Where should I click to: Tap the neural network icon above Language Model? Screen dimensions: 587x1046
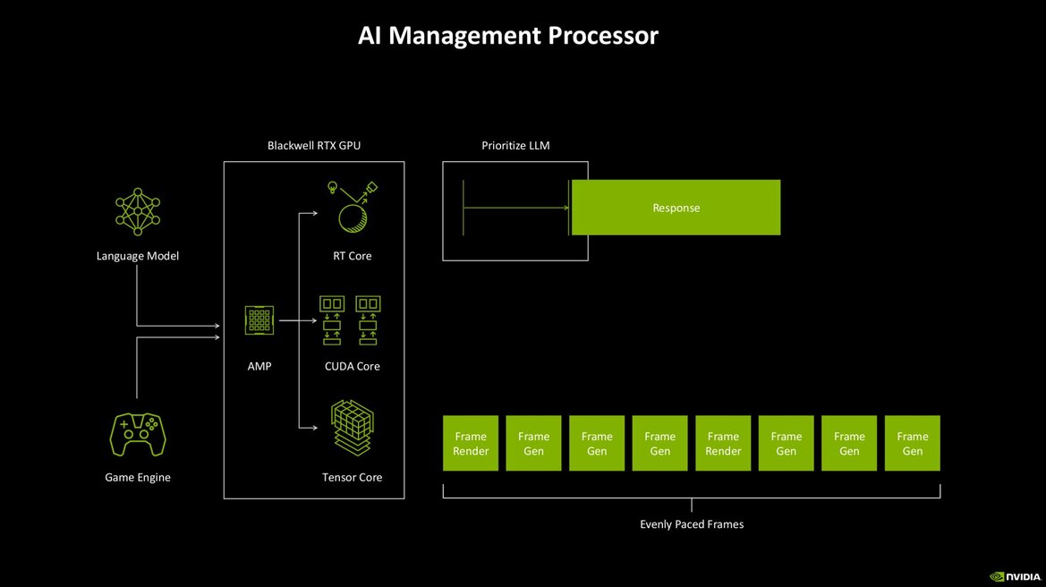pyautogui.click(x=138, y=213)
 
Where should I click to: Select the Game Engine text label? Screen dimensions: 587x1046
pyautogui.click(x=138, y=477)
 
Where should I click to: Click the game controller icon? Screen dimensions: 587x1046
pyautogui.click(x=138, y=434)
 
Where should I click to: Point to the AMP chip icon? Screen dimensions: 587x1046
pyautogui.click(x=259, y=320)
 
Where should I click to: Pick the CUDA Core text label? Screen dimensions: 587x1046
pyautogui.click(x=352, y=366)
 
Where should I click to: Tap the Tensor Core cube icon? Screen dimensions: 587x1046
pyautogui.click(x=352, y=429)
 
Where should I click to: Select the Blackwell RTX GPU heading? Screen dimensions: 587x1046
pyautogui.click(x=313, y=145)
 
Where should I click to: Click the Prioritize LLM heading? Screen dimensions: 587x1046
pyautogui.click(x=514, y=145)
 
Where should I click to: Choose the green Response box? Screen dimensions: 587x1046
pyautogui.click(x=676, y=208)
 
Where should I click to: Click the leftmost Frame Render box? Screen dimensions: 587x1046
pyautogui.click(x=471, y=443)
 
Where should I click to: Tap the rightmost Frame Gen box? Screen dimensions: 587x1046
pyautogui.click(x=912, y=443)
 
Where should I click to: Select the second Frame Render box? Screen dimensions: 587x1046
pyautogui.click(x=723, y=443)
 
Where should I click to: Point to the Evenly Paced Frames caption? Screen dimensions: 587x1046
pyautogui.click(x=692, y=524)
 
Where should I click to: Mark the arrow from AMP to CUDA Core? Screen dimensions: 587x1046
pyautogui.click(x=295, y=319)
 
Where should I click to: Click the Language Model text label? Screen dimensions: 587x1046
pyautogui.click(x=138, y=256)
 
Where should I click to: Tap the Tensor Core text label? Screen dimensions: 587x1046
pyautogui.click(x=352, y=477)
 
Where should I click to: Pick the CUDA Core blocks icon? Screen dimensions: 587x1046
pyautogui.click(x=352, y=320)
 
